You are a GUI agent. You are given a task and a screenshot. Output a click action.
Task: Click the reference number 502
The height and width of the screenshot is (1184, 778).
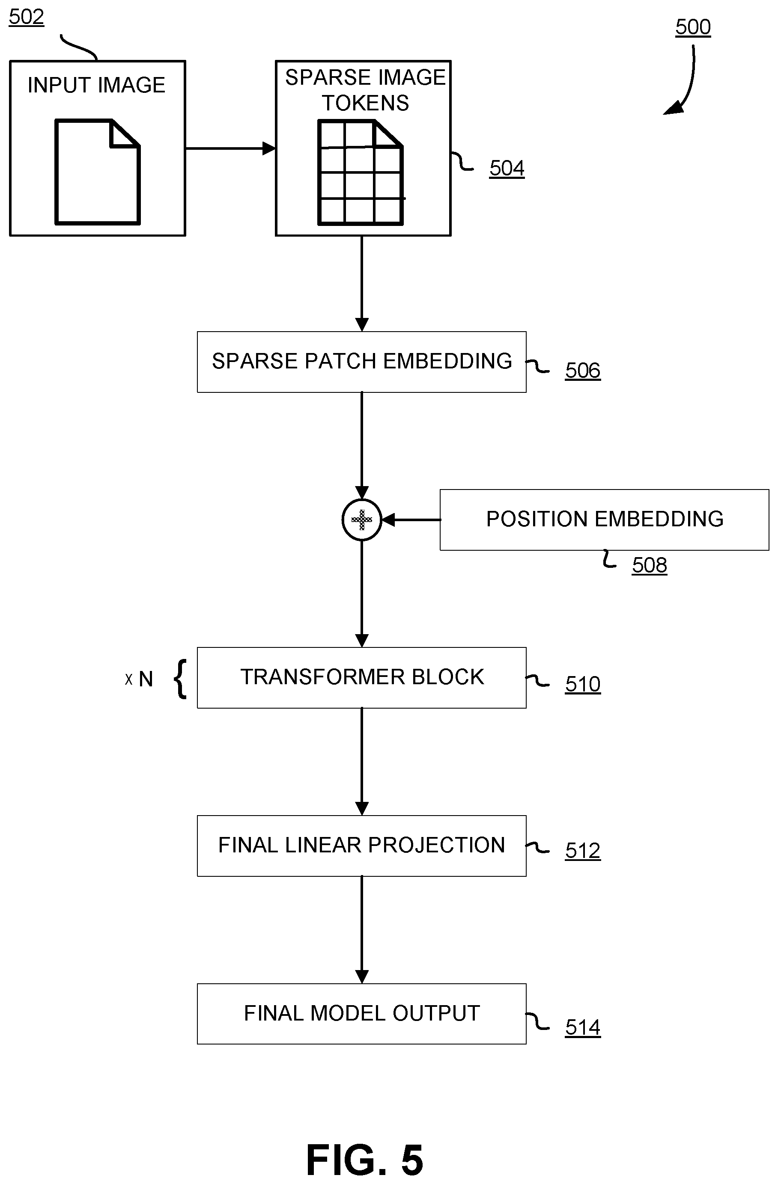pos(27,17)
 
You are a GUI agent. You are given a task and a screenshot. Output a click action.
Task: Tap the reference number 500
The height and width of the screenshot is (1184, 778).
pos(693,27)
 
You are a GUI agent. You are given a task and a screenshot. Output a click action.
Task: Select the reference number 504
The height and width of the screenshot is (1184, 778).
pos(507,168)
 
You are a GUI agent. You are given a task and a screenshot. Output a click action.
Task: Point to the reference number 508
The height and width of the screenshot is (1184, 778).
pos(650,565)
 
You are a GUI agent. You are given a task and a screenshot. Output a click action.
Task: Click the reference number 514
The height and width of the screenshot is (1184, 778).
pos(583,1027)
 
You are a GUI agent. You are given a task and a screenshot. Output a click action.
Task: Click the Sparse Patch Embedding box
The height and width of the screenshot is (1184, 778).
pos(362,362)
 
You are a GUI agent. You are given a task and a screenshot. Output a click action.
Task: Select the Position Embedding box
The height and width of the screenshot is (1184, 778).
pos(604,520)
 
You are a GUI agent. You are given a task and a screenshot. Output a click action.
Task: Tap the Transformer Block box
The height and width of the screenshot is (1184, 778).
pos(362,677)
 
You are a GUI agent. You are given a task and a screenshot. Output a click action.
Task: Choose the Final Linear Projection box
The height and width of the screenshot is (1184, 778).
pos(362,846)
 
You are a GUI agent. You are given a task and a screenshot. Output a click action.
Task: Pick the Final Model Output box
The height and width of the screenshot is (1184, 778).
pos(362,1014)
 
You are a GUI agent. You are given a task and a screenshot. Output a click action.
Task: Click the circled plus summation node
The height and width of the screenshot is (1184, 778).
pos(362,520)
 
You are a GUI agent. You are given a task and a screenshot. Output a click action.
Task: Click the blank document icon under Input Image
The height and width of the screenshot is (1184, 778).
pos(98,172)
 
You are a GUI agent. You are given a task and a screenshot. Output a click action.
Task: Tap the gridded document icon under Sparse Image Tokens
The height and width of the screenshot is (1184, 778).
pos(361,172)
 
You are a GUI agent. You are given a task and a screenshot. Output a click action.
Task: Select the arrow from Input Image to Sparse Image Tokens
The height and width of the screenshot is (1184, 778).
pos(230,148)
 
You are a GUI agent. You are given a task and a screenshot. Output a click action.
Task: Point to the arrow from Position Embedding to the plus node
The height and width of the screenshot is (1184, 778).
pos(411,520)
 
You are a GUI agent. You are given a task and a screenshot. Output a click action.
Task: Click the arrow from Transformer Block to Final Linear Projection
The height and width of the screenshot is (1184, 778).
pos(362,762)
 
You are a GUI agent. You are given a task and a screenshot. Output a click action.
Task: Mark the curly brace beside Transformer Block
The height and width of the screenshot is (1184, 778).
pos(181,679)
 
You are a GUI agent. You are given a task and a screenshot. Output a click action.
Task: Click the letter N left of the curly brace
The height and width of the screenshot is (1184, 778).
pos(145,679)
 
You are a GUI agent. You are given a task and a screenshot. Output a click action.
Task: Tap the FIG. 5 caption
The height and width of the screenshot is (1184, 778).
pos(365,1159)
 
